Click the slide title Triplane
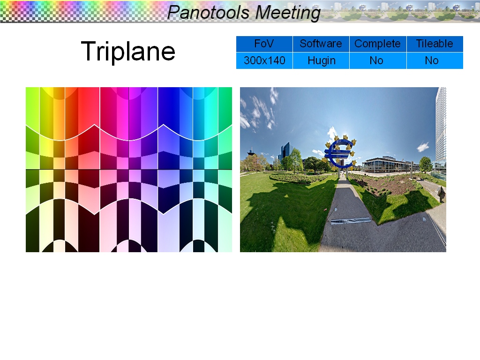click(x=128, y=52)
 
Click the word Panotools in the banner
click(x=209, y=13)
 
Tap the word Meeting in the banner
click(x=288, y=13)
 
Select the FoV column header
click(x=264, y=44)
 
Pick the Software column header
click(x=321, y=44)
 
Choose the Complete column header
click(x=377, y=44)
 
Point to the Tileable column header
click(x=435, y=44)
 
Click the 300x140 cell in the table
click(x=264, y=60)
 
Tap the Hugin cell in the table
click(x=322, y=60)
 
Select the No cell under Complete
click(x=376, y=60)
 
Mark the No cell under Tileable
click(x=432, y=60)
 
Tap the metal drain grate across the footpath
click(x=351, y=220)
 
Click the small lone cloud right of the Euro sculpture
click(x=423, y=147)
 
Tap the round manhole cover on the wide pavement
click(x=424, y=219)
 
